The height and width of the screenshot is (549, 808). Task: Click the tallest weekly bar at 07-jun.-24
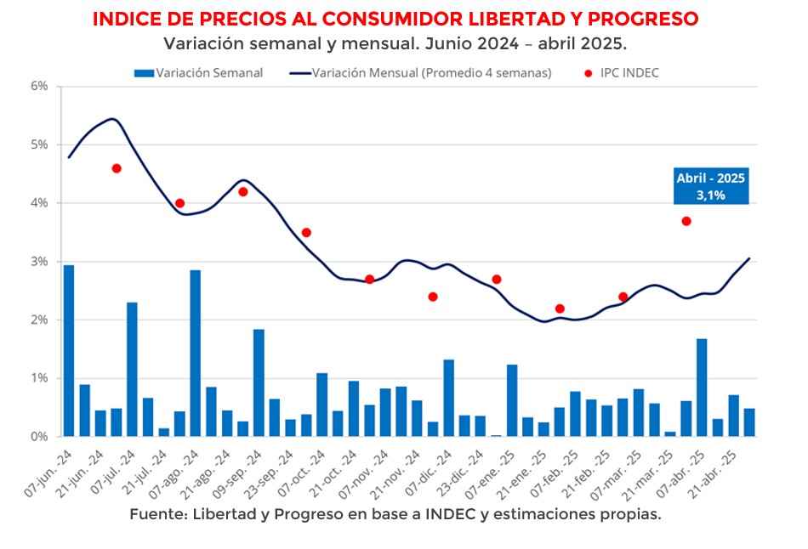click(x=69, y=351)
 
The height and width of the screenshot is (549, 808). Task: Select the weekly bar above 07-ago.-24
click(x=196, y=354)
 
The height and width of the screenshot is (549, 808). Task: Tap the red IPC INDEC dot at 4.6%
click(x=117, y=168)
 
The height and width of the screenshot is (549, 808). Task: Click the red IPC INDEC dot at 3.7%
click(x=686, y=221)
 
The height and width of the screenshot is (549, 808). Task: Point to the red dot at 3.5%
click(x=306, y=233)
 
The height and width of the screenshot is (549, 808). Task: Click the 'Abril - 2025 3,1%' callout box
click(x=711, y=187)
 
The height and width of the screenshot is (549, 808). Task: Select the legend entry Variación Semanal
click(x=199, y=73)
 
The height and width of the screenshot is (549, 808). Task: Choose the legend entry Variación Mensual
click(x=420, y=73)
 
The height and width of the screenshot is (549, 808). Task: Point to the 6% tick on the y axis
click(x=39, y=86)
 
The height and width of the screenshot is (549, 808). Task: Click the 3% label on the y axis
click(x=39, y=262)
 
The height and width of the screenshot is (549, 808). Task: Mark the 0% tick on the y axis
click(x=39, y=437)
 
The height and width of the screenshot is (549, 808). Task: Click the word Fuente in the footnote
click(x=156, y=515)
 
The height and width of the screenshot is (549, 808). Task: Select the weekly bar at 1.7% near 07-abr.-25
click(x=702, y=388)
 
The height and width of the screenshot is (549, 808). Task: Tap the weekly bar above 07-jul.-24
click(x=132, y=370)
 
